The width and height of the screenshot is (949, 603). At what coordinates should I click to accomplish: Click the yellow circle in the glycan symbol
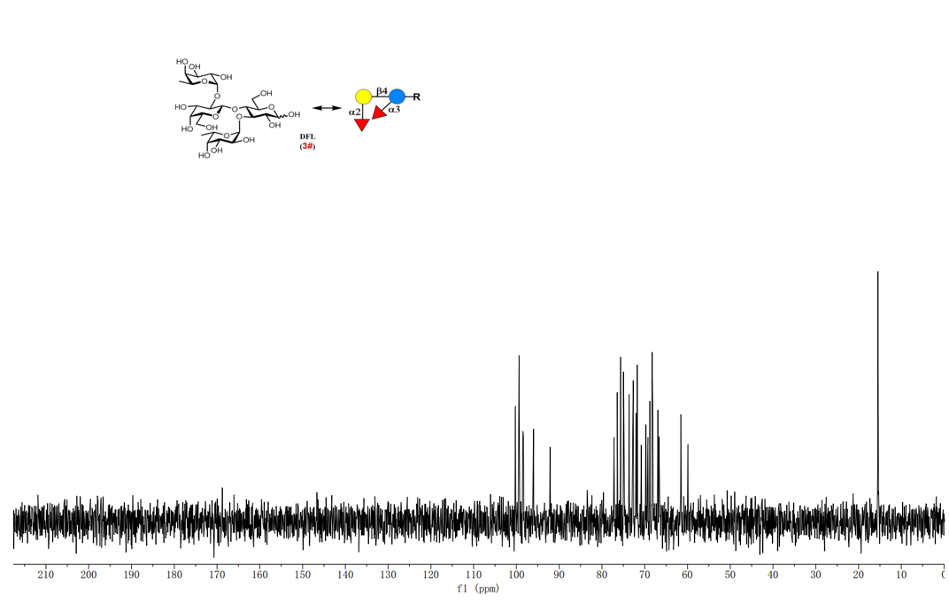(x=363, y=97)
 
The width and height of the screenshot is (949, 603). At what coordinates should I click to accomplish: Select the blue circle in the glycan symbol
(x=397, y=97)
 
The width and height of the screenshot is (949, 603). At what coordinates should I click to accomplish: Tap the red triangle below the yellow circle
(x=362, y=124)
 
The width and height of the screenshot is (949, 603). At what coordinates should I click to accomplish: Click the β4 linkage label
(x=381, y=90)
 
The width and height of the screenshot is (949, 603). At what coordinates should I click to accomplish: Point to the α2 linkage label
(x=354, y=112)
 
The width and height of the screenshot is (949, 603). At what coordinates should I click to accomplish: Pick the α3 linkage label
(x=394, y=110)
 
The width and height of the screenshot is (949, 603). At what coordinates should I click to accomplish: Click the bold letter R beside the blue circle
(x=416, y=97)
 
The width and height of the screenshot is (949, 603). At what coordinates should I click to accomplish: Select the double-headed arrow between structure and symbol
(x=327, y=108)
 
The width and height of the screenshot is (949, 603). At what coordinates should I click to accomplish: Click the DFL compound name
(x=307, y=136)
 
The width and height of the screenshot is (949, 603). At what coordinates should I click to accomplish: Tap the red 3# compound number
(x=307, y=146)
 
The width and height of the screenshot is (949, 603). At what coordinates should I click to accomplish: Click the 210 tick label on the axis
(x=46, y=576)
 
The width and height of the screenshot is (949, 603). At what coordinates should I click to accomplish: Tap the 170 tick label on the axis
(x=217, y=576)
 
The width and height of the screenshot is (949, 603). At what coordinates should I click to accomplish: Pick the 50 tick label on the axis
(x=730, y=576)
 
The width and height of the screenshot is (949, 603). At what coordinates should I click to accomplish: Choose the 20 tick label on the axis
(x=859, y=576)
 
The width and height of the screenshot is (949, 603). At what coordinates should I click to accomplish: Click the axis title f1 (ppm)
(x=478, y=589)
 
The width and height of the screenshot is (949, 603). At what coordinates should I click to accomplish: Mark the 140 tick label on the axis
(x=345, y=576)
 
